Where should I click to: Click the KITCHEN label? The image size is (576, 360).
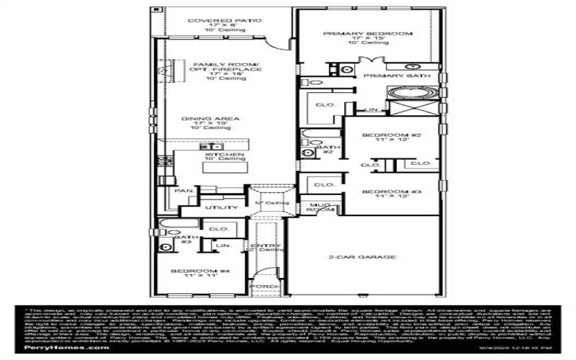pyautogui.click(x=225, y=155)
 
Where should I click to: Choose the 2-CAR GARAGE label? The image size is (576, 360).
pyautogui.click(x=363, y=256)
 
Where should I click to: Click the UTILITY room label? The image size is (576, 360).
pyautogui.click(x=221, y=208)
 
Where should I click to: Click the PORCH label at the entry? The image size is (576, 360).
pyautogui.click(x=259, y=286)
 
